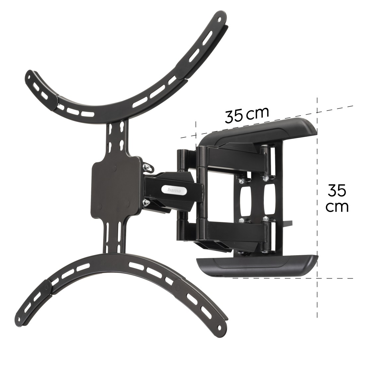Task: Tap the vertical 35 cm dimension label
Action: point(337,198)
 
